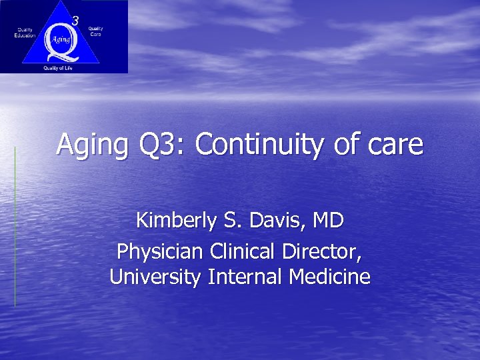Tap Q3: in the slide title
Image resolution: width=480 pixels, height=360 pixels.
tap(155, 145)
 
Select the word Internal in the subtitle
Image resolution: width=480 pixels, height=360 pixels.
tap(246, 276)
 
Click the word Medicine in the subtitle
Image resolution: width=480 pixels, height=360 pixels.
tap(329, 276)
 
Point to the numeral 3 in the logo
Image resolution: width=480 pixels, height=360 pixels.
tap(75, 21)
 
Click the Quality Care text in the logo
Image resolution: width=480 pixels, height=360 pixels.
tap(95, 31)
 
